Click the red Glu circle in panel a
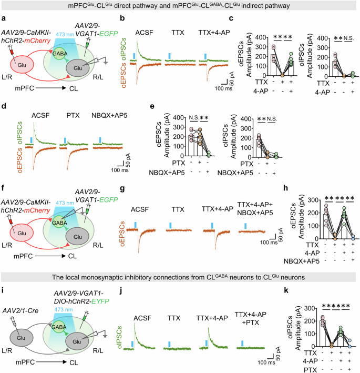[x=25, y=64]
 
